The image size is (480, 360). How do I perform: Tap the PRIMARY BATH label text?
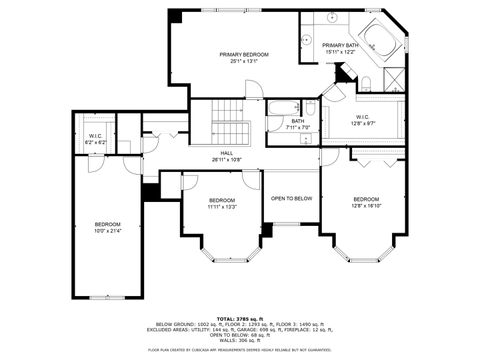[340, 45]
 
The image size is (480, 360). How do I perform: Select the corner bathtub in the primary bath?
[379, 41]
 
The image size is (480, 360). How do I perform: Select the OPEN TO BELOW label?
[292, 198]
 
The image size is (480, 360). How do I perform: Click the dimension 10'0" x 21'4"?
[107, 231]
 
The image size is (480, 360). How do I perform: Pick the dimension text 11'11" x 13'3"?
[222, 207]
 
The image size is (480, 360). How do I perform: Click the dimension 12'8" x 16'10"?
[366, 205]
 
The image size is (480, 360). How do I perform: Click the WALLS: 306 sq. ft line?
[240, 340]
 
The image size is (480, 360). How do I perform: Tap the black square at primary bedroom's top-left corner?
[175, 16]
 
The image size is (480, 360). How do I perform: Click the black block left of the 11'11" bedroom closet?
[151, 191]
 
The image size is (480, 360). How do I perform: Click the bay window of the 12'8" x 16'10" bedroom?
[365, 252]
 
